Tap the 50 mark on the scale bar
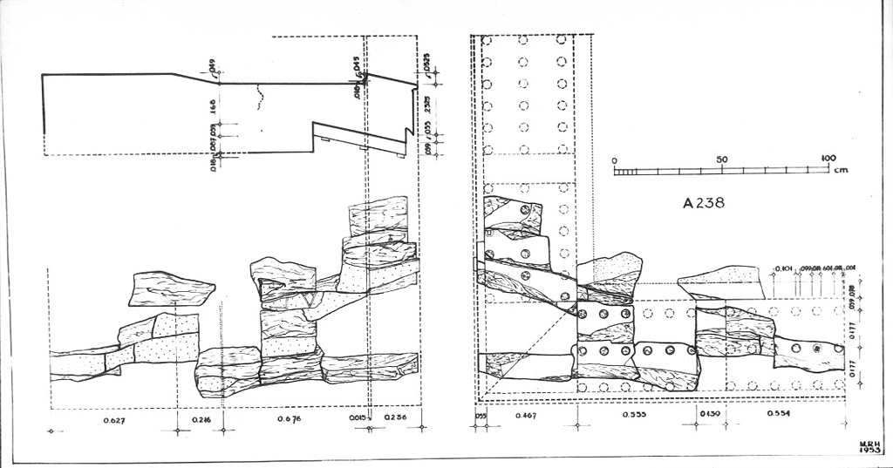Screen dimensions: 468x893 coord(721,159)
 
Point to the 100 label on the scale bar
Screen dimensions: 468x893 coord(828,159)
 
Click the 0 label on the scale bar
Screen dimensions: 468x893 coord(615,160)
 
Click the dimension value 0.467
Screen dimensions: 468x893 coord(526,416)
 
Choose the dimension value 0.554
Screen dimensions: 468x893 coord(778,415)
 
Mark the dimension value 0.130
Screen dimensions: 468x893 coord(709,416)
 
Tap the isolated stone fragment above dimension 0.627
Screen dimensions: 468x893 coord(170,289)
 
